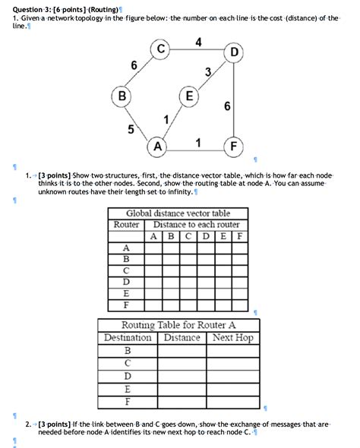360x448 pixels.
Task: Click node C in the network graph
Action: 162,51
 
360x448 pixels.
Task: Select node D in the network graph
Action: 234,52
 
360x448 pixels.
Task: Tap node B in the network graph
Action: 120,96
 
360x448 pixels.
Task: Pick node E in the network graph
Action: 188,96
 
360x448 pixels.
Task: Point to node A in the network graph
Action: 158,145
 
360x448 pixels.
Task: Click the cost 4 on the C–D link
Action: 198,41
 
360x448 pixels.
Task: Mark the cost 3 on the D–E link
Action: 207,72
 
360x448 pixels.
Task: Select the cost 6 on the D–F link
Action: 226,106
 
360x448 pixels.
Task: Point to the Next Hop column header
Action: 233,337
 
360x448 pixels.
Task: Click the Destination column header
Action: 128,337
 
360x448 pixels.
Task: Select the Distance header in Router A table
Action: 182,337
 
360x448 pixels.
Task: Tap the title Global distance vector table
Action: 178,213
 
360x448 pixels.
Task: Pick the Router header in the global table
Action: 126,225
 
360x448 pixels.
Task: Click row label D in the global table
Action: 126,280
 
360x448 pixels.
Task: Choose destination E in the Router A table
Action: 127,387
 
